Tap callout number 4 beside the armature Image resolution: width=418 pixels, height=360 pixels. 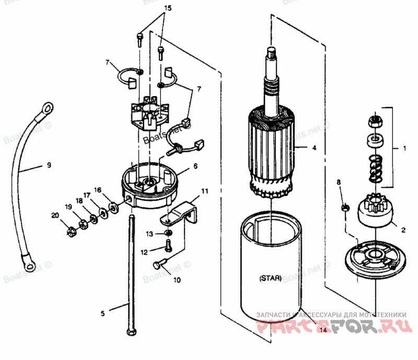314,148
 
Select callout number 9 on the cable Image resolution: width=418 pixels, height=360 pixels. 49,165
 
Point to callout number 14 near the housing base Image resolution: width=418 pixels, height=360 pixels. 323,330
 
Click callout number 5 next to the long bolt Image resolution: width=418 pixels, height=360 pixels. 103,313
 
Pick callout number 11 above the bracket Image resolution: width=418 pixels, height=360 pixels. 205,191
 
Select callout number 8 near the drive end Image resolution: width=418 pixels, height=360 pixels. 339,182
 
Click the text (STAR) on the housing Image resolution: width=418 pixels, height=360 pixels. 270,278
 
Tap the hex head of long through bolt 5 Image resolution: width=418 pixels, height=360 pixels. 130,332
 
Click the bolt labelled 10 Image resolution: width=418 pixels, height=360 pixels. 158,265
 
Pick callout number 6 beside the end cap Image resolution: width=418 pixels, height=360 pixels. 195,166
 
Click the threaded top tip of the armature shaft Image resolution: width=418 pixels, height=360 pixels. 272,51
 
